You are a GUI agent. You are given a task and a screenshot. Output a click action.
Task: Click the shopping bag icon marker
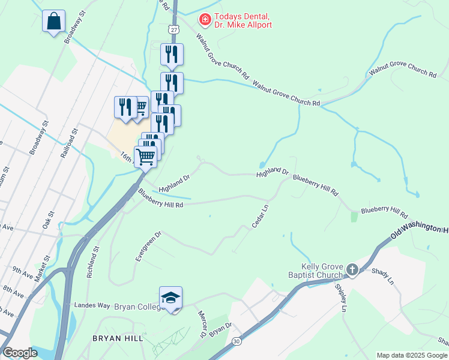pos(53,22)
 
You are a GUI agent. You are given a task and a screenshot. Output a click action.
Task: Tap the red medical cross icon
pos(205,20)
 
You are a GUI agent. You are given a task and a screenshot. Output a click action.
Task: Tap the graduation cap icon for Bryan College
pos(170,298)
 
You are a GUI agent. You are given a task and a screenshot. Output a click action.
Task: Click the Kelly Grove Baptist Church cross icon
pos(352,271)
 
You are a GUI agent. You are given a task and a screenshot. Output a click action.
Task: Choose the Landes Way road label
pos(90,305)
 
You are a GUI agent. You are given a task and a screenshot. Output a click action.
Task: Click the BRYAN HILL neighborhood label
pos(118,338)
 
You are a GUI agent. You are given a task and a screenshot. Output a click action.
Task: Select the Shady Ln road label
pos(382,275)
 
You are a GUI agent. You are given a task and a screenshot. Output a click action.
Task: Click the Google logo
pos(20,352)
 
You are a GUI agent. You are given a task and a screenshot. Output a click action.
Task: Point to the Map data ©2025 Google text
pos(412,355)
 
